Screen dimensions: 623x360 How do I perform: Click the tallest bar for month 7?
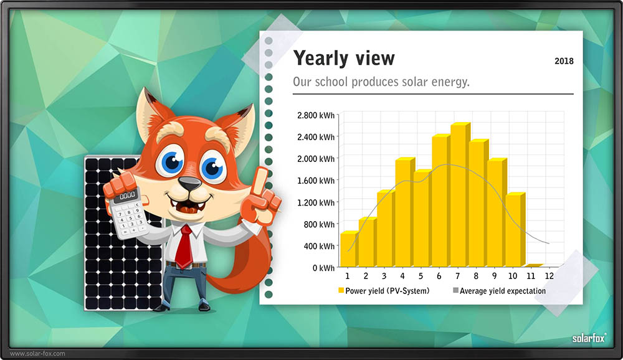(x=460, y=195)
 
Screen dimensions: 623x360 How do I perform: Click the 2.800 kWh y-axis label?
(x=316, y=115)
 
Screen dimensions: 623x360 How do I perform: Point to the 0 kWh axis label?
(x=323, y=268)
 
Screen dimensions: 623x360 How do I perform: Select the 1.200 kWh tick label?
(x=316, y=202)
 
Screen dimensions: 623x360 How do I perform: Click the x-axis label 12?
(x=549, y=276)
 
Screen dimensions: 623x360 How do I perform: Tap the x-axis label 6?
(x=439, y=276)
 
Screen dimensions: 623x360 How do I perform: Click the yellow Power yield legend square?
(x=341, y=290)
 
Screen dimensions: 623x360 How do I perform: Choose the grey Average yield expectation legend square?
(x=456, y=290)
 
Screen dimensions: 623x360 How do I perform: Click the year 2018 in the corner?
(x=564, y=61)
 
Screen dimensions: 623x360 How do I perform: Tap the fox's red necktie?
(x=184, y=247)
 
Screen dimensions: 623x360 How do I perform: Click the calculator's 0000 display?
(x=128, y=196)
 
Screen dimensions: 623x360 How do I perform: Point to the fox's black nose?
(x=189, y=184)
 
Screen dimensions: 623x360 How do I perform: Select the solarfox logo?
(x=589, y=338)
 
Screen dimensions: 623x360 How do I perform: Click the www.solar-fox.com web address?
(x=37, y=353)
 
